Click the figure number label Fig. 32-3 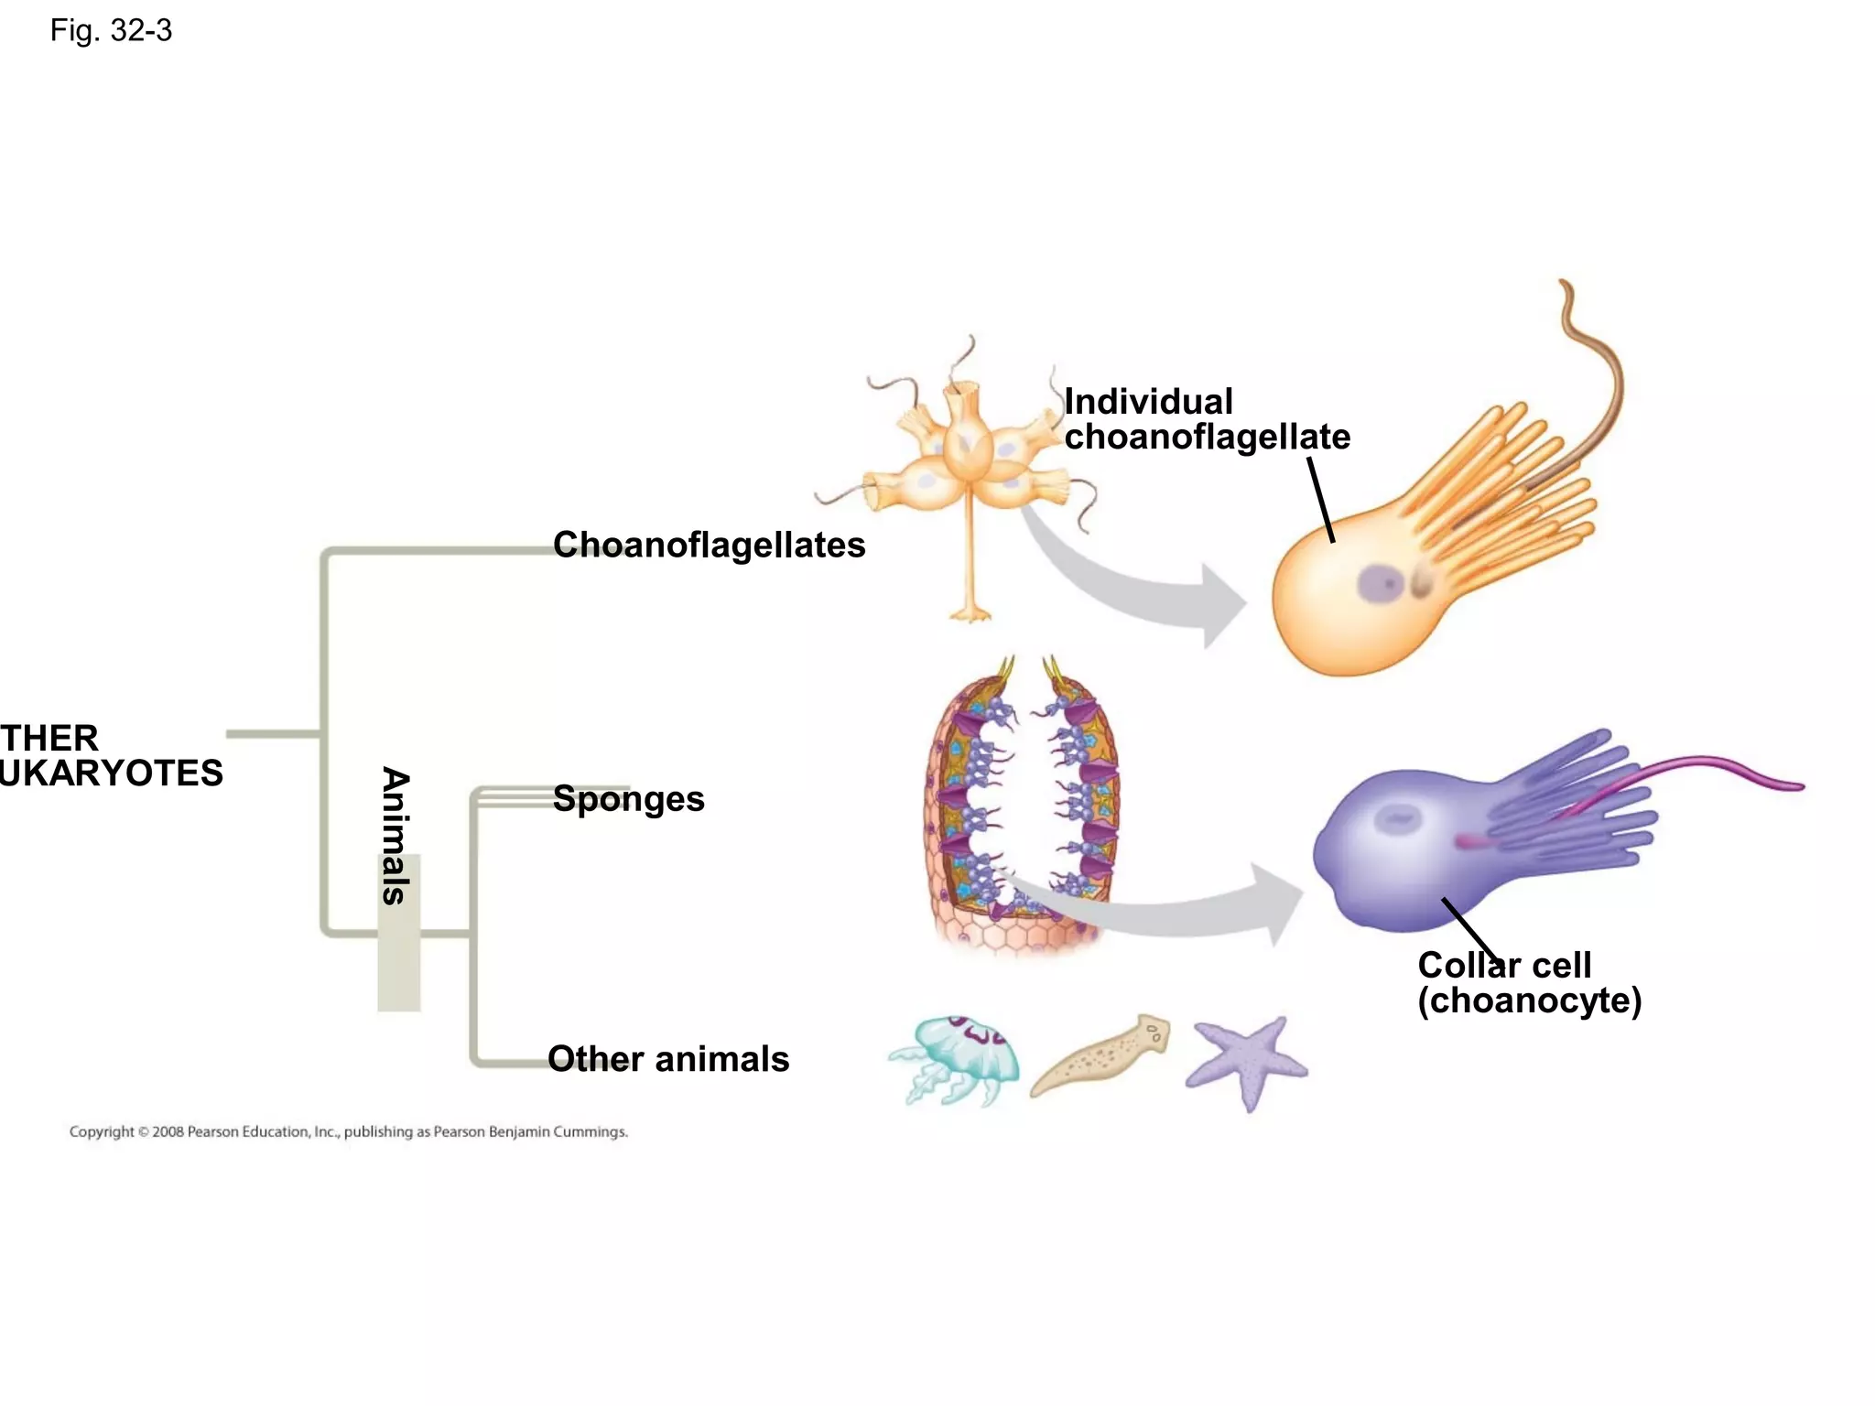(x=111, y=31)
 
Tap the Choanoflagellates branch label (x=709, y=545)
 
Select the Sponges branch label (x=629, y=798)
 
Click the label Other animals (x=668, y=1059)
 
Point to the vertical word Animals (x=395, y=835)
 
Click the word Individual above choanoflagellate (x=1148, y=402)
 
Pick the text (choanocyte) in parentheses (x=1529, y=1000)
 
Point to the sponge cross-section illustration (x=1021, y=806)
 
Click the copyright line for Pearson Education (x=348, y=1132)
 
